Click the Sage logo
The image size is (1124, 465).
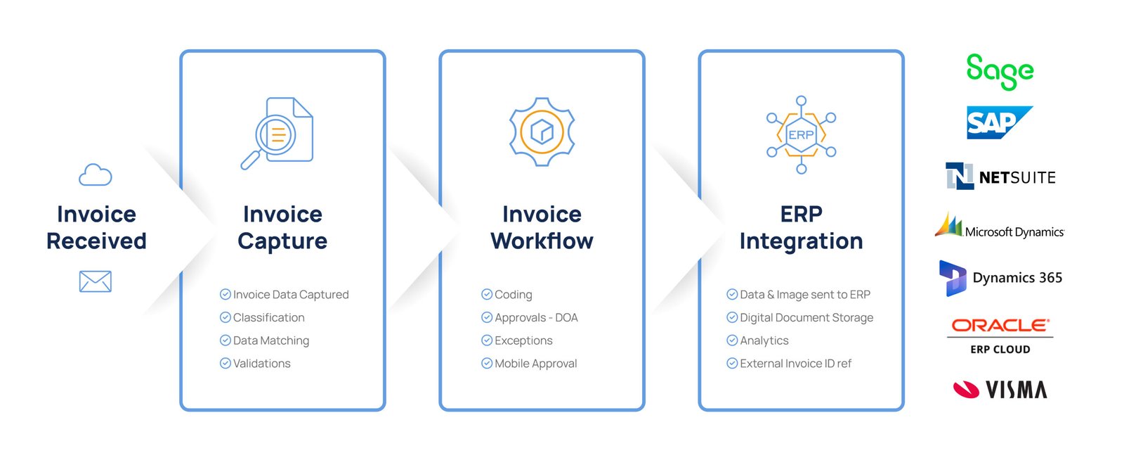1000,72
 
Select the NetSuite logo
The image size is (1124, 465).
1000,177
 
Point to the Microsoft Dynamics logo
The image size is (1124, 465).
1000,225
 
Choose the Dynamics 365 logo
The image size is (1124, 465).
1000,278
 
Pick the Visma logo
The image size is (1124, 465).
1000,390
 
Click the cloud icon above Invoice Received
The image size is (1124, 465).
96,175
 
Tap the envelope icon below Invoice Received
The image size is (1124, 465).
96,281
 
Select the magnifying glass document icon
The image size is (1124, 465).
277,133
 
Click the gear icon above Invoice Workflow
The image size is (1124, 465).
542,132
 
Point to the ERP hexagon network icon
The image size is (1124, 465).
802,135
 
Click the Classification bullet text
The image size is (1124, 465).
268,318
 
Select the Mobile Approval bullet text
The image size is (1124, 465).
536,364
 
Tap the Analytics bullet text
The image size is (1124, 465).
764,340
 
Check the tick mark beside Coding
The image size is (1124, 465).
487,294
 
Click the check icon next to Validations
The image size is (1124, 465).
226,363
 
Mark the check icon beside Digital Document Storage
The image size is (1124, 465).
732,317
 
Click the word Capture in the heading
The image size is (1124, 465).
282,241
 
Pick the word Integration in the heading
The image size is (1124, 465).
802,241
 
